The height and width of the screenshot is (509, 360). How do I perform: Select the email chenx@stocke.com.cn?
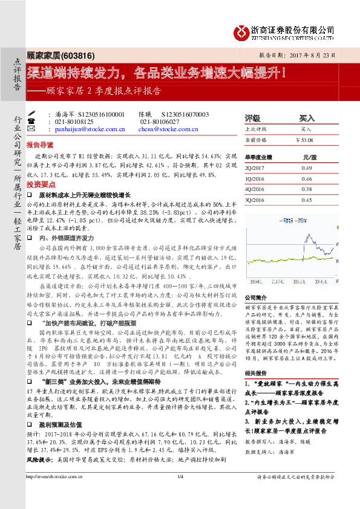[165, 129]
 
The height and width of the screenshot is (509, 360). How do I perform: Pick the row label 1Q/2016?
[256, 179]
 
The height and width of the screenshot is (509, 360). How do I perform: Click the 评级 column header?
[252, 118]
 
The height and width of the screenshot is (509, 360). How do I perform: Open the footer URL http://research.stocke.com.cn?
[61, 494]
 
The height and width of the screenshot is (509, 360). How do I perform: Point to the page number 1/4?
[180, 494]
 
